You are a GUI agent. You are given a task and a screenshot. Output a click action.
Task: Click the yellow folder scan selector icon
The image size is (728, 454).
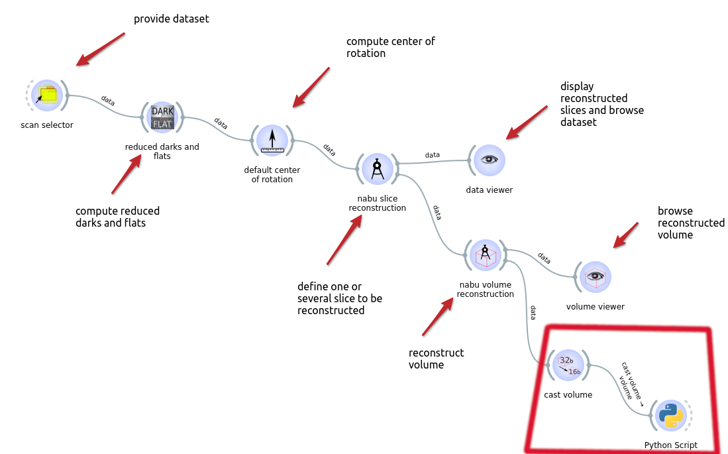(47, 95)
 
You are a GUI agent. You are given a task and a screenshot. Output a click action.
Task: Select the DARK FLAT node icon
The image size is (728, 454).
(162, 117)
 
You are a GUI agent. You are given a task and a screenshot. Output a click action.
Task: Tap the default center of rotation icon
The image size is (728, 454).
(272, 141)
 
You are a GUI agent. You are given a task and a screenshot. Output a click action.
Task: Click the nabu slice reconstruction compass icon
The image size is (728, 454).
(378, 169)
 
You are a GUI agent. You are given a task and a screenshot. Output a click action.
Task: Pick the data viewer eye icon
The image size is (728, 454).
(490, 160)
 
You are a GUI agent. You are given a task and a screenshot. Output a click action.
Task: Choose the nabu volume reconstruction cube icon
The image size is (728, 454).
(486, 255)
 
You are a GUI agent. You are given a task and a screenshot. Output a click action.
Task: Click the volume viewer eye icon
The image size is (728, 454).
(596, 277)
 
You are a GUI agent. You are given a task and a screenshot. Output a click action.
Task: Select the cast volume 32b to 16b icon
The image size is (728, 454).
(568, 365)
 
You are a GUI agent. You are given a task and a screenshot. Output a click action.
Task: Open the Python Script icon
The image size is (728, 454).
(671, 415)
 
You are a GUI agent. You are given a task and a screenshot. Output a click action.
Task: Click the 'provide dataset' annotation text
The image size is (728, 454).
(172, 19)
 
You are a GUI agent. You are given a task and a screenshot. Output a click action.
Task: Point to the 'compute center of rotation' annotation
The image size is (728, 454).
(390, 47)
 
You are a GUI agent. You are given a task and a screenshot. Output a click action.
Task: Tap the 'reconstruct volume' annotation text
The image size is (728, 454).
(436, 359)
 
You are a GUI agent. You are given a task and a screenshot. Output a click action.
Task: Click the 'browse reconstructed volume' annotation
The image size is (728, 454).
(691, 223)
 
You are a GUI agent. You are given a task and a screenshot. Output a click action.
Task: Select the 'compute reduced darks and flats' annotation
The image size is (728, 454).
(117, 217)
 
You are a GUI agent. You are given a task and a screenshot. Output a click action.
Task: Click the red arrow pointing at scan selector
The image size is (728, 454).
(100, 49)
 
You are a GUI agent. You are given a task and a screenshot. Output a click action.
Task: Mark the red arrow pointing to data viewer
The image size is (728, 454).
(527, 123)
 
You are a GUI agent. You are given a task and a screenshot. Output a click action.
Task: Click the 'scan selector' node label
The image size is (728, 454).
(47, 125)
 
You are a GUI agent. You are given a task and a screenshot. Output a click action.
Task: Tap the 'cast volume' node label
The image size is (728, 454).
(568, 395)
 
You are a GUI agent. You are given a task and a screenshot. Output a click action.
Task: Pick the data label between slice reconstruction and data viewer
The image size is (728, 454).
(433, 154)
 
